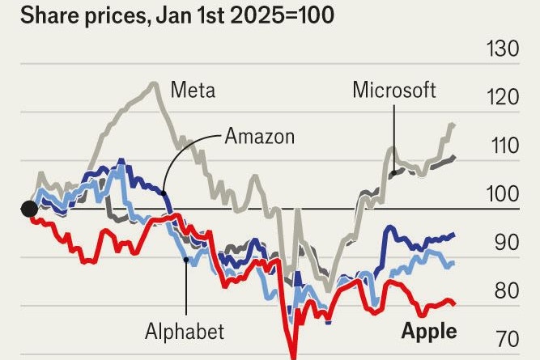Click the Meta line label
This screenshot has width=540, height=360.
pos(193,89)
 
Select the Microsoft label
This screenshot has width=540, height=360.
pos(394,89)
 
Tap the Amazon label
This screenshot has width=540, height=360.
pos(260,136)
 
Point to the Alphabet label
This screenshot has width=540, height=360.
pos(185,331)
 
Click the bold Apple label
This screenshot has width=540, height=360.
pos(429,331)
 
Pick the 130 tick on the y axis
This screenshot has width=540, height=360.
pos(502,49)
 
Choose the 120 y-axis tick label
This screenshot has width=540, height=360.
pos(502,98)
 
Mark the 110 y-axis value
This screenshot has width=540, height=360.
pos(503,146)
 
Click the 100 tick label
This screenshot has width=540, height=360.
pos(502,195)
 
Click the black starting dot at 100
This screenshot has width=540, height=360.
pos(29,210)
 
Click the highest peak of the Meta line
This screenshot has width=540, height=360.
pos(152,83)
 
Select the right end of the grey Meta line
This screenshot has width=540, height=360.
pos(453,124)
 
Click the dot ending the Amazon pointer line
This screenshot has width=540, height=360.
pos(164,193)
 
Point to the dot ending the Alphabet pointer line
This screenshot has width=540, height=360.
pos(186,260)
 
